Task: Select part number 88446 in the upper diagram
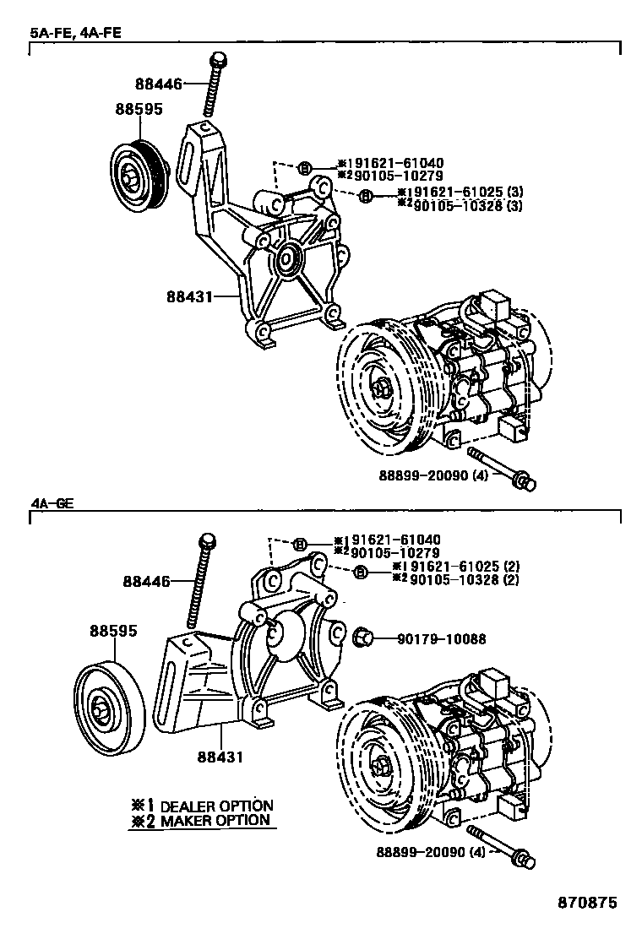coord(159,83)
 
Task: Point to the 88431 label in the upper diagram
coord(190,296)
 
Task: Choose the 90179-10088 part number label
coord(441,639)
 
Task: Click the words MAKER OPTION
coord(215,820)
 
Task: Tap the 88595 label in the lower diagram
coord(114,631)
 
